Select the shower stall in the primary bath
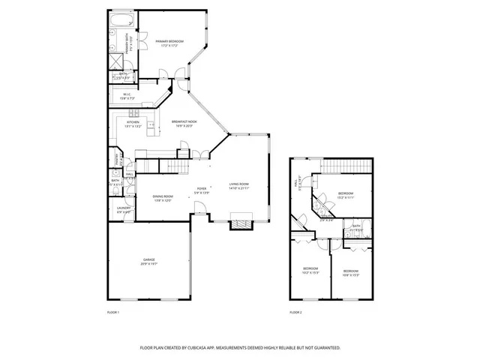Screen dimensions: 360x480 (x=117, y=61)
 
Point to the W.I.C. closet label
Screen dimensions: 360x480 (x=127, y=94)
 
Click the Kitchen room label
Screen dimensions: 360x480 (x=133, y=122)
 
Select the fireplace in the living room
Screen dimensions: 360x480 (x=240, y=223)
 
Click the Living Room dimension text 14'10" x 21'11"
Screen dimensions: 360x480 (x=239, y=187)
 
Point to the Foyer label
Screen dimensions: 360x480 (x=201, y=188)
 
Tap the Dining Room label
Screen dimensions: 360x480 (x=163, y=197)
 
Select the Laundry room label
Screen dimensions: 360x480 (x=124, y=209)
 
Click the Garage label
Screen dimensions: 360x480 (x=149, y=259)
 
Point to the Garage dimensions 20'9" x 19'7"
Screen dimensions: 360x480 (x=149, y=264)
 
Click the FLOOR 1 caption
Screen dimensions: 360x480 (x=113, y=311)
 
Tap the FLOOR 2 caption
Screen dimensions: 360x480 (x=296, y=311)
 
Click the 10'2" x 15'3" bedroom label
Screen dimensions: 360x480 (x=310, y=272)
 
